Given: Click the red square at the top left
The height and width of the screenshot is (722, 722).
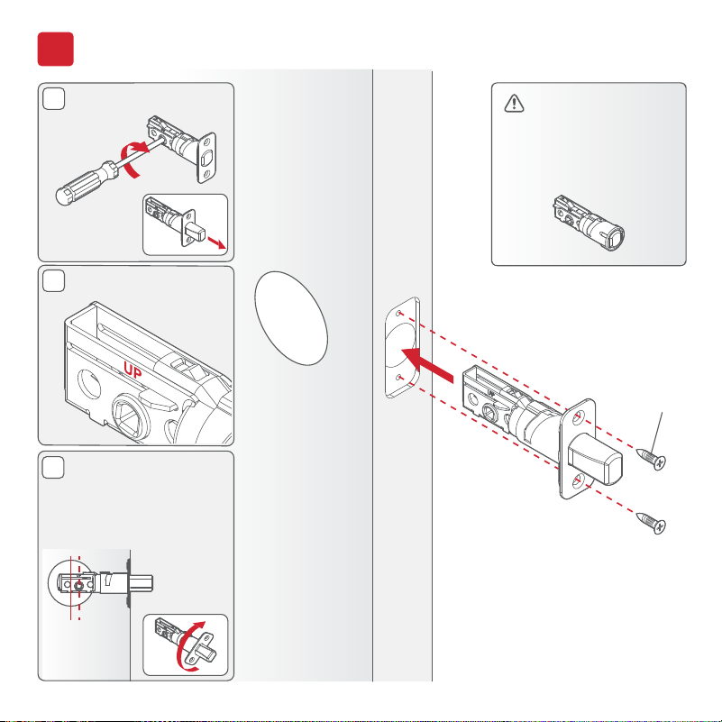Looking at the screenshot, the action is pos(55,49).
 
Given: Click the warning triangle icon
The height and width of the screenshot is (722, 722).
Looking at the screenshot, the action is pos(514,103).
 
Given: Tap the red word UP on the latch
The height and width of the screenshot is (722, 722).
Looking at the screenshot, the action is pos(133,370).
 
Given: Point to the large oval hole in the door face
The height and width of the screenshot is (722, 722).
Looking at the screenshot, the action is pos(291,318).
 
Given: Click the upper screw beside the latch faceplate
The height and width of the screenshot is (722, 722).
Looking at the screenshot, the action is pos(651,459).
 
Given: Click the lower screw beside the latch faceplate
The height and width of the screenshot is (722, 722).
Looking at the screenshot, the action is pos(651,523).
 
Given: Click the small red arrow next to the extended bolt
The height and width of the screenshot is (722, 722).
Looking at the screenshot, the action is pos(217,242).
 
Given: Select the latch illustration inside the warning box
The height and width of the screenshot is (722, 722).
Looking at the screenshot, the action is pos(589,223).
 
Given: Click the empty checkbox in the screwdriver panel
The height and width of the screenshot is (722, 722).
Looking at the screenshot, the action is pos(53,98).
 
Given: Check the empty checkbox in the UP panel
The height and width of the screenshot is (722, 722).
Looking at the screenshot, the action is pos(53,281).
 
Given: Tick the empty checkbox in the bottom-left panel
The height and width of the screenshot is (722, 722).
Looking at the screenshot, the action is pos(53,468).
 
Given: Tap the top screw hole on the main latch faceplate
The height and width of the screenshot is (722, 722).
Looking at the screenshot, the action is pos(579,418).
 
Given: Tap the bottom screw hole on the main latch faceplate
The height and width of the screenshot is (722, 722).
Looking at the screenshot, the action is pos(578,481).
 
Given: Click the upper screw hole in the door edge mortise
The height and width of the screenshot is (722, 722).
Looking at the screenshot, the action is pos(399,314).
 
